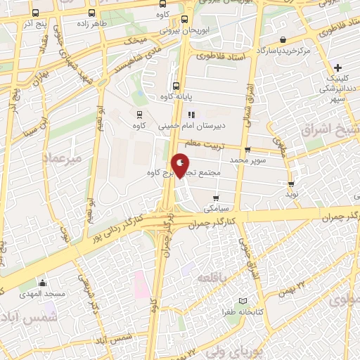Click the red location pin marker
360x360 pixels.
click(181, 165)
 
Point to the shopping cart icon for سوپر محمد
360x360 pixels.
click(247, 149)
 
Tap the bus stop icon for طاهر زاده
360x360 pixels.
click(91, 13)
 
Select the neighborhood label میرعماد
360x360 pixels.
click(63, 159)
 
